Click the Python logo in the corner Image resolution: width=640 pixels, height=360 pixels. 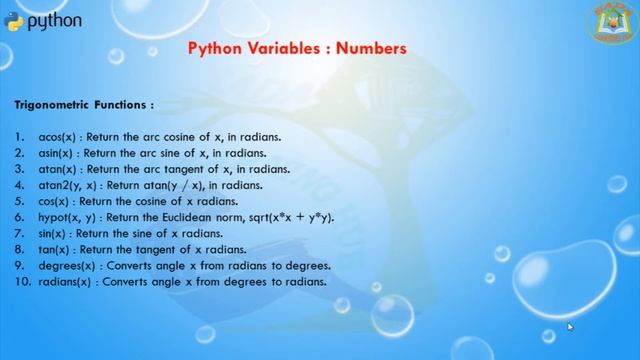tap(15, 21)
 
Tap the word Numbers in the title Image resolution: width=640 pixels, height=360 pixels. tap(372, 47)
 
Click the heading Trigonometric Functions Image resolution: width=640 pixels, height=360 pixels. tap(83, 103)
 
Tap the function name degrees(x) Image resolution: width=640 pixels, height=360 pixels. tap(65, 266)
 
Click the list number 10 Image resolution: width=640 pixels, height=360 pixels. tap(22, 282)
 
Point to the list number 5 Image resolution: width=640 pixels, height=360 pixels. tap(19, 201)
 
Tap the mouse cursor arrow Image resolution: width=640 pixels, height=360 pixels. tap(570, 326)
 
